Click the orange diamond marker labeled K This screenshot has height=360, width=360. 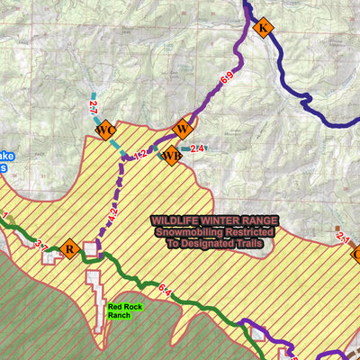pos(263,29)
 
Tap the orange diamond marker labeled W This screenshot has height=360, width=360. pos(183,127)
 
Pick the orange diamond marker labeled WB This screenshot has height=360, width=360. pos(170,157)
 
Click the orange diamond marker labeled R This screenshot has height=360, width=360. pos(68,248)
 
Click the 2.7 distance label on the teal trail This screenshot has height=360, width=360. pos(93,109)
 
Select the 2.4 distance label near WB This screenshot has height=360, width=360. pos(198,148)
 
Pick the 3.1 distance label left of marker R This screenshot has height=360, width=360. pos(39,245)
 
